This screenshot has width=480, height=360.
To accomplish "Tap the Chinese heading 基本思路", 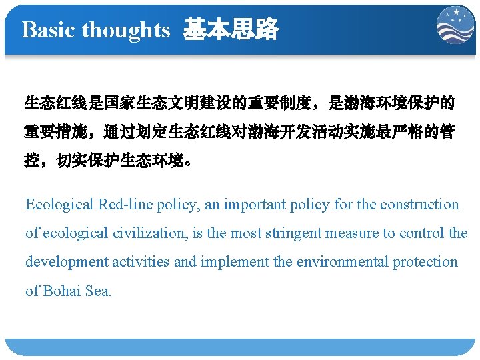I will coord(231,30).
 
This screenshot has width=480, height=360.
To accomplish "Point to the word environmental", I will coord(342,262).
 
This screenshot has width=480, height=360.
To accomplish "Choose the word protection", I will coord(425,262).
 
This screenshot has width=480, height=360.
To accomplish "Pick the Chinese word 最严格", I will coord(391,132).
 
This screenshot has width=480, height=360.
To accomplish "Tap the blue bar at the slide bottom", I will coord(240,346).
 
